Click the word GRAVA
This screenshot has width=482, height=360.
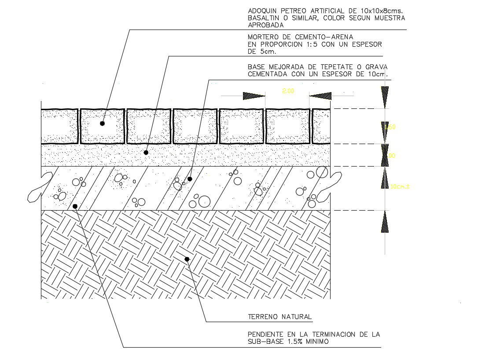click(x=376, y=67)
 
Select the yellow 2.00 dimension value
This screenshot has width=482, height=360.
click(x=288, y=91)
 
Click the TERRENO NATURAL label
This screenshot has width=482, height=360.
click(x=280, y=316)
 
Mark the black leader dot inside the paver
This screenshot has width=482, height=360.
click(x=102, y=123)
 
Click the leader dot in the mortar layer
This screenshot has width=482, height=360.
click(x=146, y=152)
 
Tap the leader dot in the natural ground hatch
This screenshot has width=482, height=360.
click(x=187, y=259)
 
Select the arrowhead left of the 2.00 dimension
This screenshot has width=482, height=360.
click(x=254, y=96)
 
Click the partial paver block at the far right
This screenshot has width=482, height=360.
click(x=321, y=126)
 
